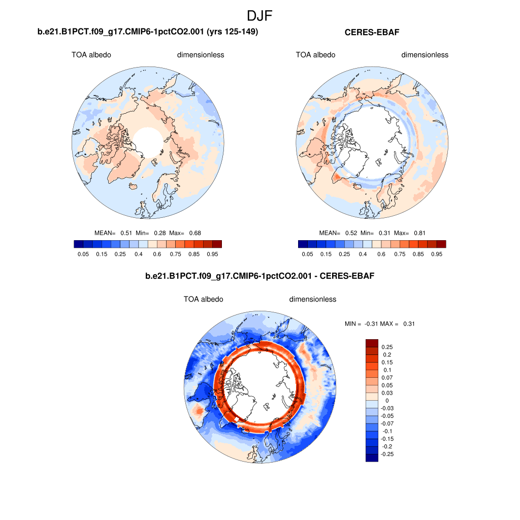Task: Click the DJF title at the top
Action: pyautogui.click(x=259, y=16)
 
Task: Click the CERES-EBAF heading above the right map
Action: pyautogui.click(x=372, y=32)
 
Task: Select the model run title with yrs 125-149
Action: pyautogui.click(x=148, y=32)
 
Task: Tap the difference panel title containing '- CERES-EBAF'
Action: pyautogui.click(x=260, y=276)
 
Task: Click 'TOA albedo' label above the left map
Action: pyautogui.click(x=91, y=55)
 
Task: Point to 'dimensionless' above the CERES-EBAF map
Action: pyautogui.click(x=425, y=55)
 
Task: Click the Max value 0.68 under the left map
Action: pyautogui.click(x=195, y=233)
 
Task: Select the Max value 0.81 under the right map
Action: pyautogui.click(x=419, y=233)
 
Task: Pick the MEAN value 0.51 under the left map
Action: pyautogui.click(x=126, y=233)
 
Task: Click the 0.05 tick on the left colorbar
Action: pyautogui.click(x=83, y=253)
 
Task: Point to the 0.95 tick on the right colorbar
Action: pyautogui.click(x=437, y=253)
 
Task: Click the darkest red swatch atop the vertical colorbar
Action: pyautogui.click(x=372, y=343)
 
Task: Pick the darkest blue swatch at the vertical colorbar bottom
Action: pyautogui.click(x=372, y=458)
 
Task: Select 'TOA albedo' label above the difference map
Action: pyautogui.click(x=203, y=300)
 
